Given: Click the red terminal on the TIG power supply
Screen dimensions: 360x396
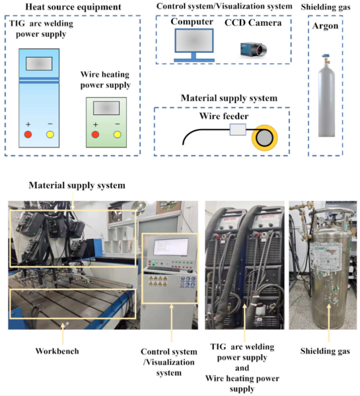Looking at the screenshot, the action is click(x=28, y=134).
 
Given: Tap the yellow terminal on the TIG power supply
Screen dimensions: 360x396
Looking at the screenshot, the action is click(x=50, y=134).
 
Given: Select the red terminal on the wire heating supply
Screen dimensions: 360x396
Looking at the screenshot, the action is click(x=95, y=134).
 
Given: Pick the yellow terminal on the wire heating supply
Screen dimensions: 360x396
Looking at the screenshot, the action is click(x=117, y=134).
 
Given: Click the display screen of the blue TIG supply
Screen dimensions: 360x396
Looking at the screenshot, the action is click(x=39, y=63).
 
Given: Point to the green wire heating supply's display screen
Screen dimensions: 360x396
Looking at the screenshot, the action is click(x=106, y=108).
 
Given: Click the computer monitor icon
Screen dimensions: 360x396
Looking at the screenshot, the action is click(x=194, y=45).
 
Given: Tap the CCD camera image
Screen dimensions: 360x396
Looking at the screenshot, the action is click(x=253, y=50).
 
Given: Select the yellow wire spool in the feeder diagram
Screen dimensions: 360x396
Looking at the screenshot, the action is click(x=265, y=138).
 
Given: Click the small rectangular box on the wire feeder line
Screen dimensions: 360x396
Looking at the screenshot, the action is click(x=238, y=130).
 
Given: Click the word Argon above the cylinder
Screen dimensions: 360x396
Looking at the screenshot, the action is click(x=325, y=26).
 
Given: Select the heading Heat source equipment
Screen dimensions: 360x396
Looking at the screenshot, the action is click(x=73, y=7).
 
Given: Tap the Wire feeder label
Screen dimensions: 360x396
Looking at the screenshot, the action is click(x=224, y=116).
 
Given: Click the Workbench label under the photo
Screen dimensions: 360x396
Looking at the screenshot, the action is click(x=57, y=351).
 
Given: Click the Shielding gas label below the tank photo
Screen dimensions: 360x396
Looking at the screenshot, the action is click(x=325, y=351).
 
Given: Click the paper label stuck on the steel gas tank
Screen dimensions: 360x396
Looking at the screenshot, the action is click(x=326, y=256).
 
